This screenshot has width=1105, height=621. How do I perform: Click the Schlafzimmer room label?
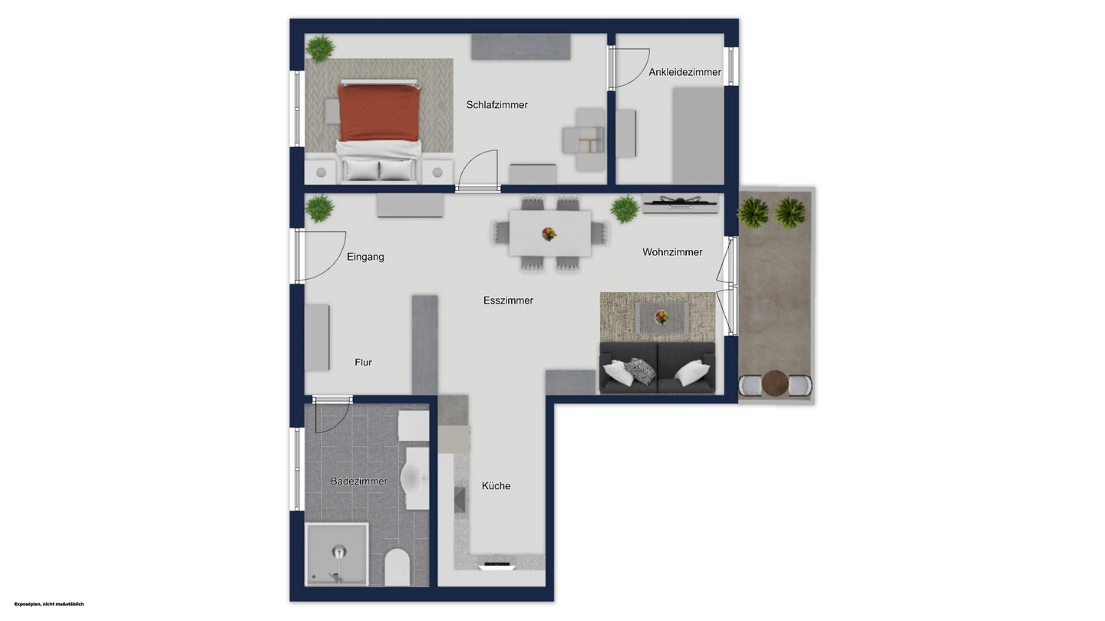[x=496, y=104]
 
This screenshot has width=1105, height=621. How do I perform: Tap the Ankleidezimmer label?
[x=684, y=72]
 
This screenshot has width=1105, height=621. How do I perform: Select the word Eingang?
[x=365, y=257]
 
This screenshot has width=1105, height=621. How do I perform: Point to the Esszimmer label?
[x=508, y=301]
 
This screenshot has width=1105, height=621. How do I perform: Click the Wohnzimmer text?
[x=672, y=251]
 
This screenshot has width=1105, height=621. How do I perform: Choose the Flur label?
[x=363, y=362]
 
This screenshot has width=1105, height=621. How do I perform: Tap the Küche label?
[x=496, y=485]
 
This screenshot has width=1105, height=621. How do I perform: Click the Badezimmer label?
[x=358, y=481]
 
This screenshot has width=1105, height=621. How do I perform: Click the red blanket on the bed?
[x=380, y=113]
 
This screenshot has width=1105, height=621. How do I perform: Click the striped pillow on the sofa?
[x=641, y=371]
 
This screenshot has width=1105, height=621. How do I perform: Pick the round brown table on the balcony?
[x=775, y=383]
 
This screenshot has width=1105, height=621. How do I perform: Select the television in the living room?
[x=680, y=201]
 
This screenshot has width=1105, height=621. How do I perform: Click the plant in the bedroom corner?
[x=320, y=48]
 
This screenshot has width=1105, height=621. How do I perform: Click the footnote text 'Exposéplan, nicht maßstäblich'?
[x=49, y=604]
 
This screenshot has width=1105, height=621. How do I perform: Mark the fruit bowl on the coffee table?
[x=661, y=317]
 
